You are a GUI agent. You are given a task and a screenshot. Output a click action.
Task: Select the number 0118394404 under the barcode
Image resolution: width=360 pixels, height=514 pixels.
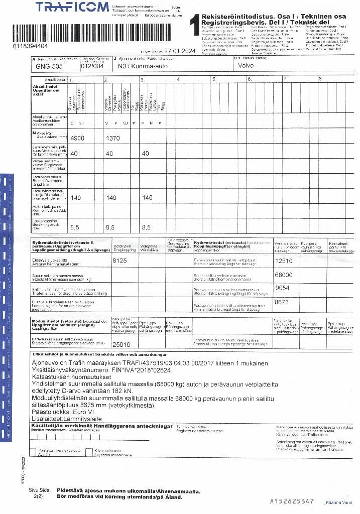point(31,46)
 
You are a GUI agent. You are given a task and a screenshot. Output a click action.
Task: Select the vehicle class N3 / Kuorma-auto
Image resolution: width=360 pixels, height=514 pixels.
point(136,66)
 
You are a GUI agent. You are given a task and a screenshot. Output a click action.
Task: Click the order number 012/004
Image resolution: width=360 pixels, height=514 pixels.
point(92,66)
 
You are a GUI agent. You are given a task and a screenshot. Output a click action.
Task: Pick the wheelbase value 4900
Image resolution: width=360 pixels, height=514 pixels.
point(79,138)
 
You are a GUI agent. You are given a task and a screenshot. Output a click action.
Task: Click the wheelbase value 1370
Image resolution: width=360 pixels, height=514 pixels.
point(113,138)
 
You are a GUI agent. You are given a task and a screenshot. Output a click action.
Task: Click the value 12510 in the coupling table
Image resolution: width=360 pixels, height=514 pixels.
point(284,261)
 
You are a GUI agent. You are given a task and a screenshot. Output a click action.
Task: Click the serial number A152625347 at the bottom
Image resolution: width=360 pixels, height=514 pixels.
point(292,501)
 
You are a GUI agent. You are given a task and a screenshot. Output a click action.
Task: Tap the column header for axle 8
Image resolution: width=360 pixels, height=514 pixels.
point(320,79)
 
